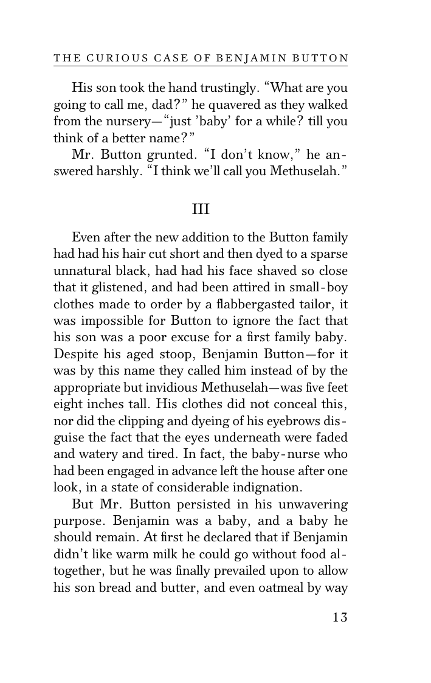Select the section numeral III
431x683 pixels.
(201, 209)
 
